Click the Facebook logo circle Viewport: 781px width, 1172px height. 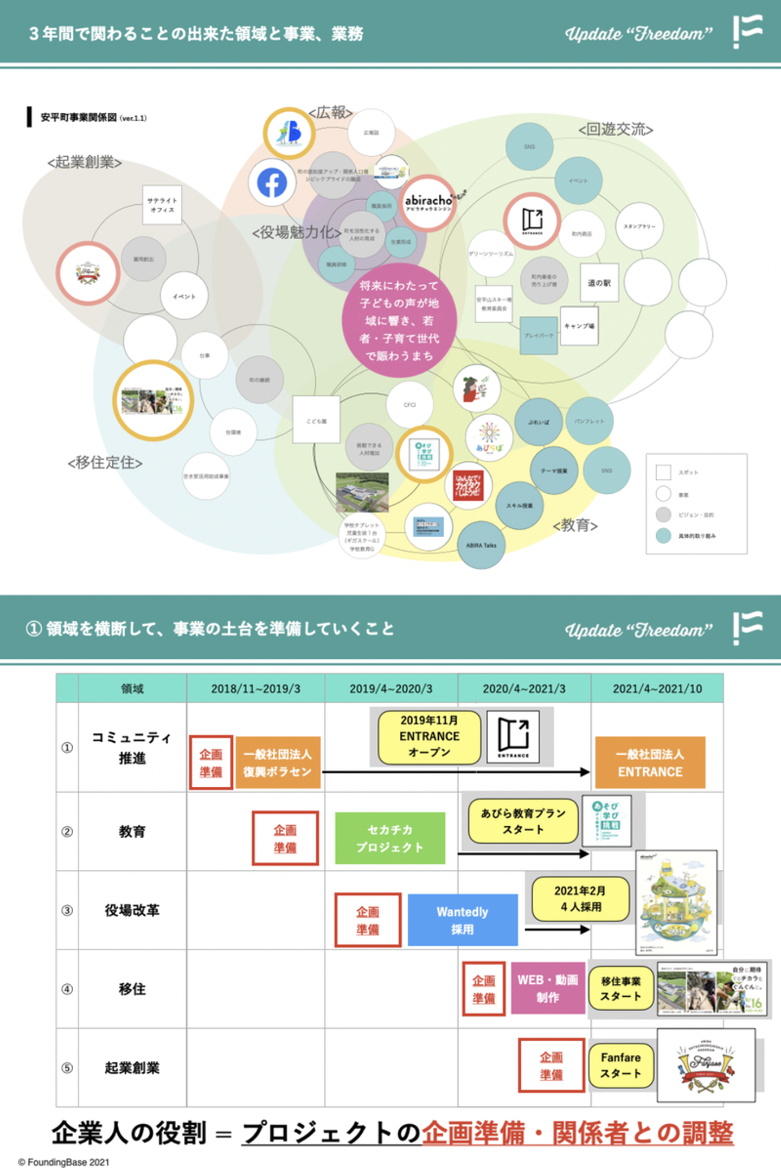tap(272, 182)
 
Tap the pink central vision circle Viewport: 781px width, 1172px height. tap(399, 320)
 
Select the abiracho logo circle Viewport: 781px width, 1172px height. tap(428, 203)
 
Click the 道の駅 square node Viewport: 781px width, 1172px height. tap(599, 283)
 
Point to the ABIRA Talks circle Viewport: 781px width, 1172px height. tap(481, 545)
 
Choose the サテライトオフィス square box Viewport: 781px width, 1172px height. tap(162, 205)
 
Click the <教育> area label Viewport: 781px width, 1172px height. tap(575, 525)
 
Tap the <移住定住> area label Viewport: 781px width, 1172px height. tap(105, 462)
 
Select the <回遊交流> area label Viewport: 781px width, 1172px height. tap(616, 129)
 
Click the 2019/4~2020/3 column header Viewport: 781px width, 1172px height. tap(391, 689)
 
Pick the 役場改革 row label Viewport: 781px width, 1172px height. tap(132, 910)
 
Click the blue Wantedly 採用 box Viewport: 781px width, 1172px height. tap(463, 920)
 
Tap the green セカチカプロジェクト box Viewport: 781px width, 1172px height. tap(390, 838)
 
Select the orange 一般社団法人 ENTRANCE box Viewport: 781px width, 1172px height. tap(650, 762)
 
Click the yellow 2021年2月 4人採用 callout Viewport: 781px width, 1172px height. tap(580, 899)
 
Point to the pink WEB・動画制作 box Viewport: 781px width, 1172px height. tap(548, 988)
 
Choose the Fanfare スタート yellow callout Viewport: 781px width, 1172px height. tap(620, 1065)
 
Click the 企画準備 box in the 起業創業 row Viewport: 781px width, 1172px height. tap(551, 1065)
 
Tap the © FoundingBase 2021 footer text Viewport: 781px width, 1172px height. tap(64, 1162)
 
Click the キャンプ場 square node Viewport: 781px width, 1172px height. tap(579, 326)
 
